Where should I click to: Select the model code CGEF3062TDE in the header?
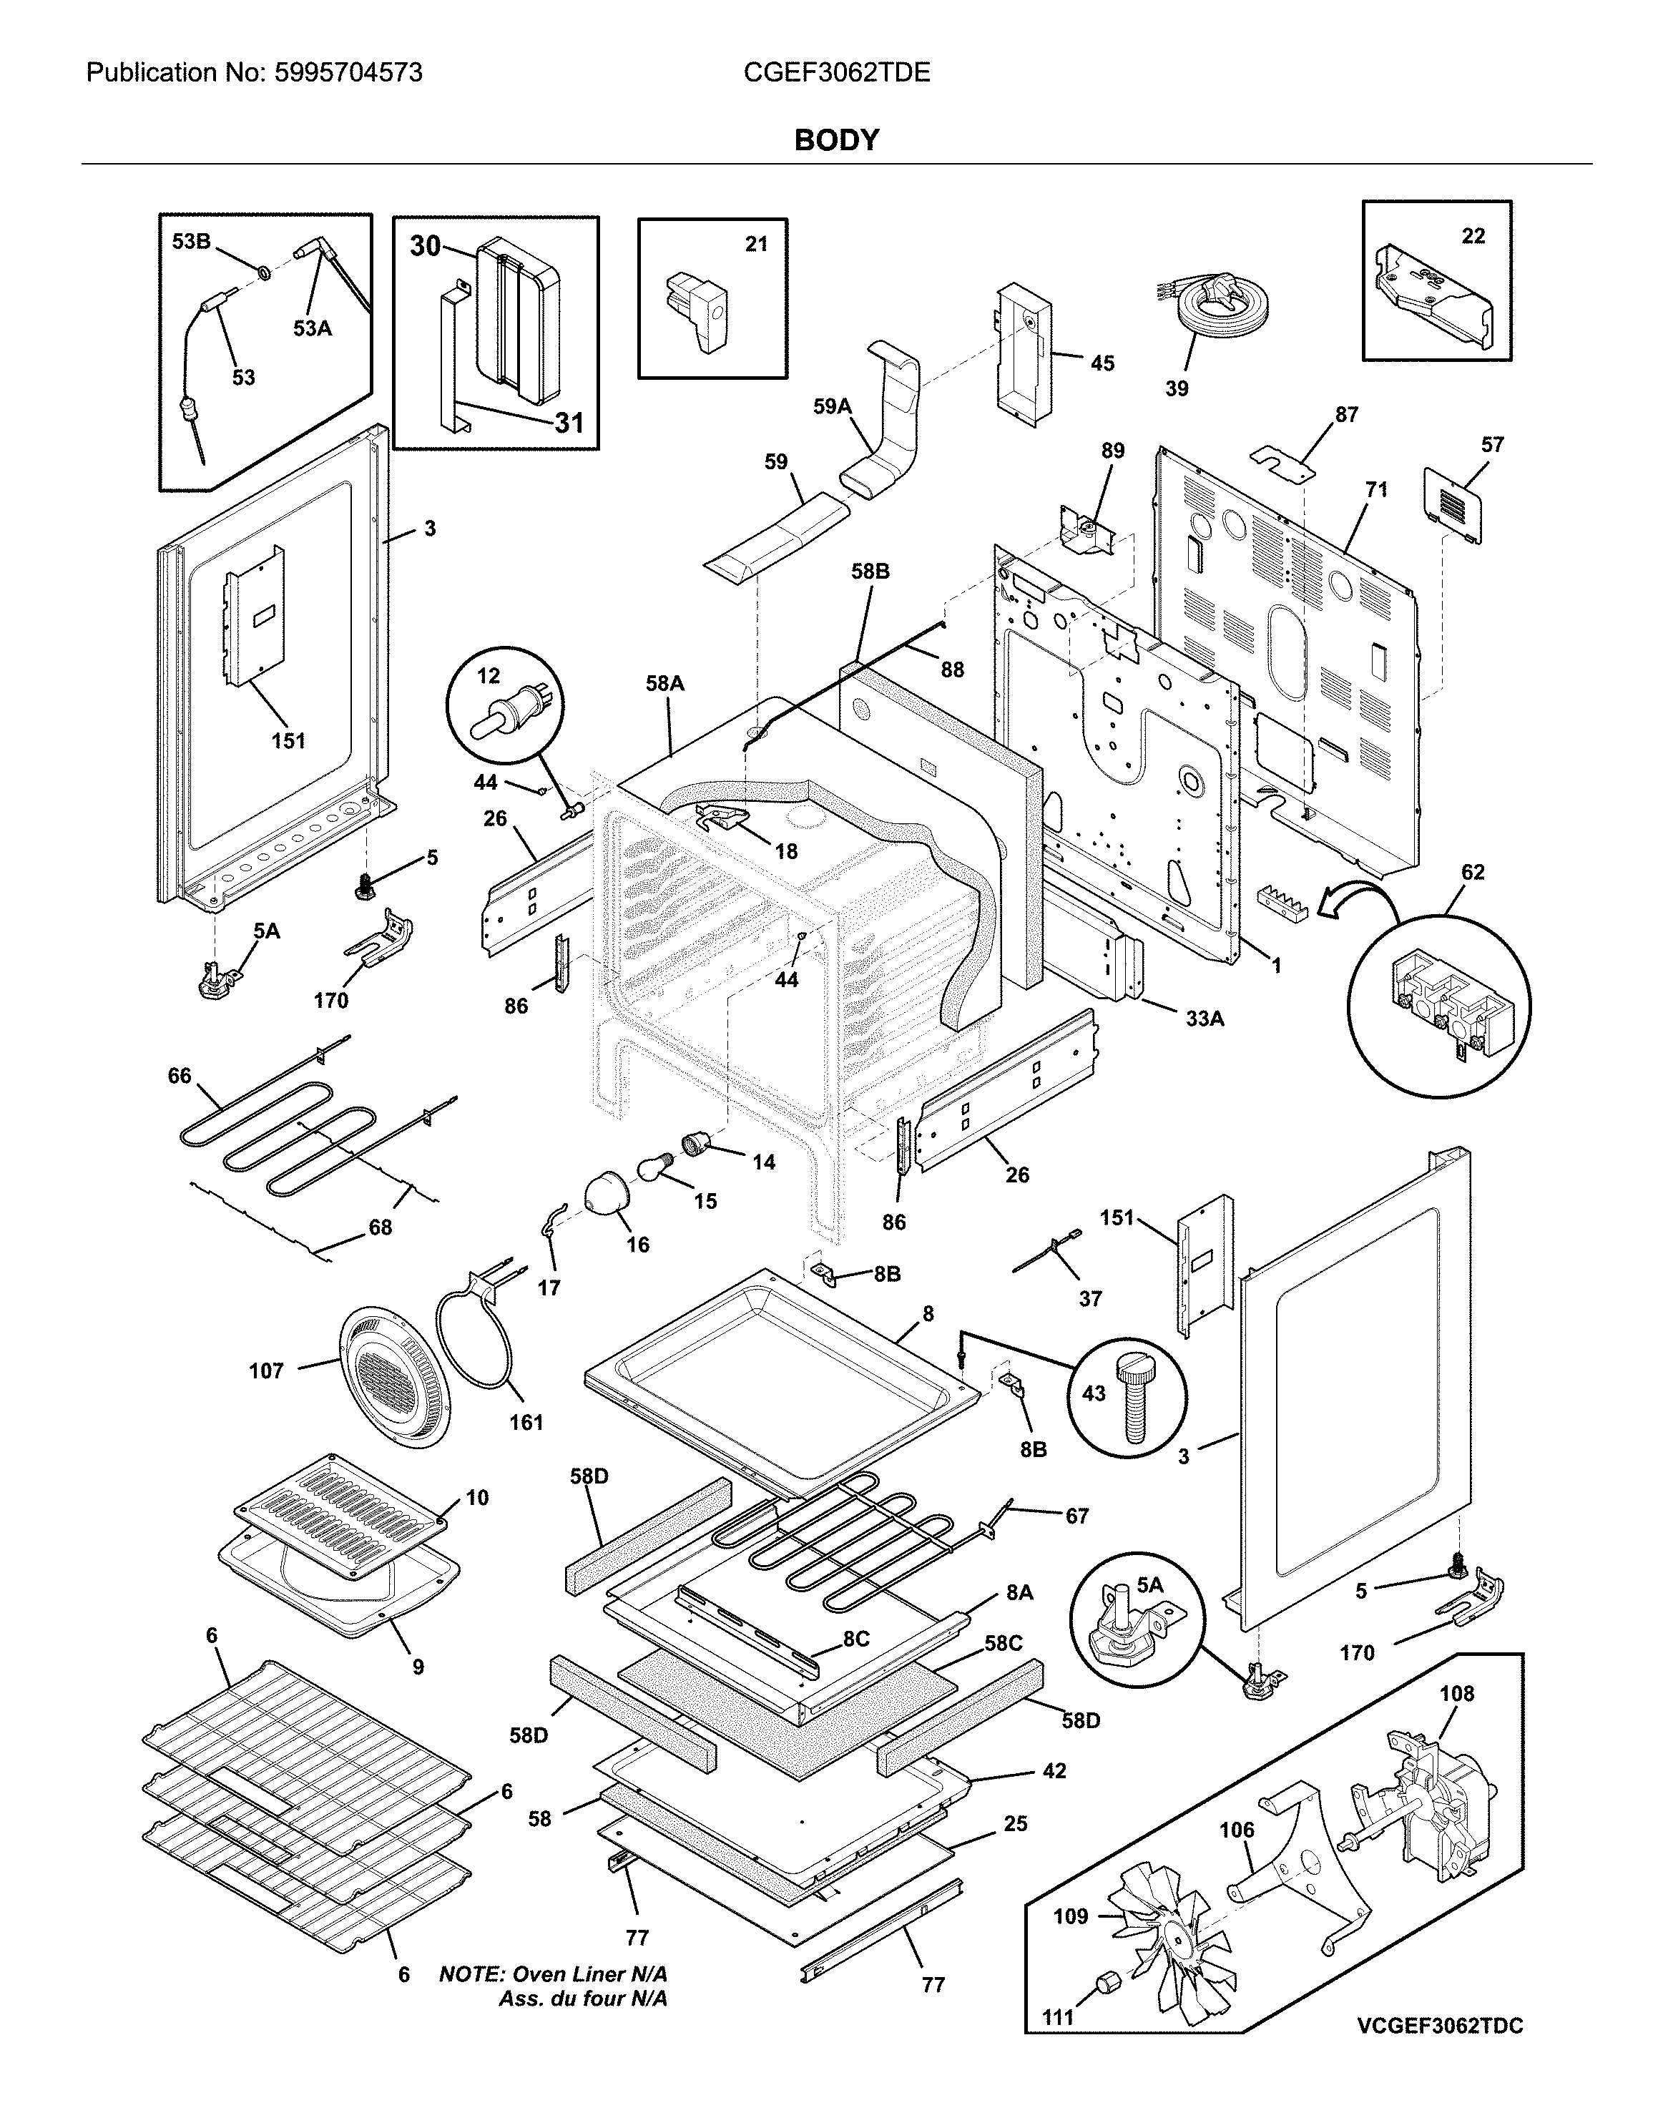[836, 72]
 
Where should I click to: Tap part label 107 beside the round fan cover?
[265, 1371]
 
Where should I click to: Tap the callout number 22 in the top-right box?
[1473, 235]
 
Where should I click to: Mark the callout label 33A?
[1204, 1019]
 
